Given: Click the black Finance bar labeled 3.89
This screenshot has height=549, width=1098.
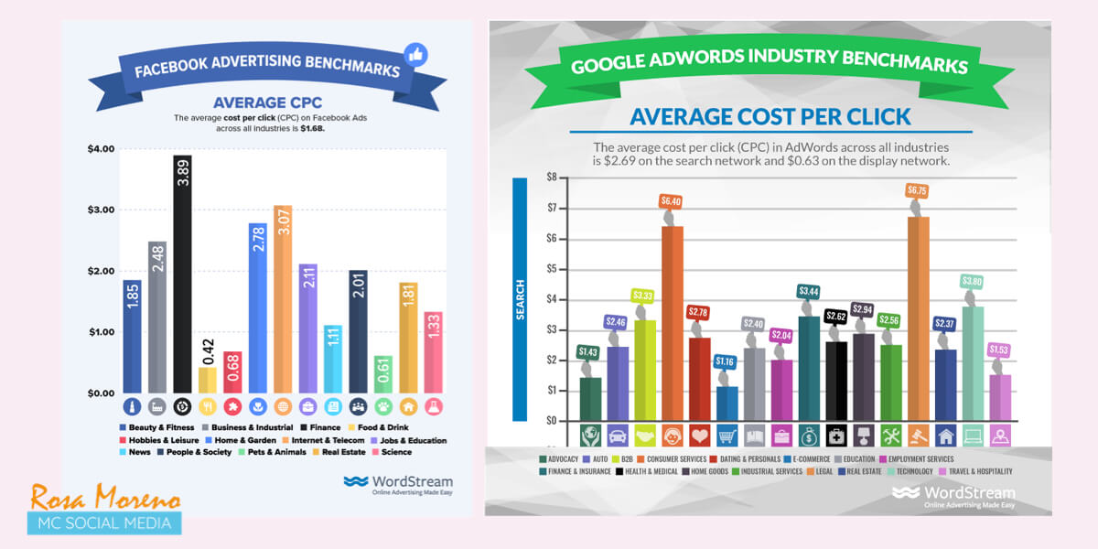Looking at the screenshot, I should (x=182, y=274).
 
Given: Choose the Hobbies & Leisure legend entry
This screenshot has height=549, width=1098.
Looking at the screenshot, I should (x=157, y=440).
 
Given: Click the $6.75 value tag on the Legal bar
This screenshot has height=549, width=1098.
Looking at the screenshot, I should (x=918, y=189).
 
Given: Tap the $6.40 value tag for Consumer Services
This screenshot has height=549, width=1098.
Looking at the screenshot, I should (x=673, y=200).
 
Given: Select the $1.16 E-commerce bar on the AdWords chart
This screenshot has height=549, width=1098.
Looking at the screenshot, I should (x=727, y=403).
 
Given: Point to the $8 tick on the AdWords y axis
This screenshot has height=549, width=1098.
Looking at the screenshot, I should (x=551, y=178).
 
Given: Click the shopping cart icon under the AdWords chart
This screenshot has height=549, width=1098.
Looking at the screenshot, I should (x=727, y=436).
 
